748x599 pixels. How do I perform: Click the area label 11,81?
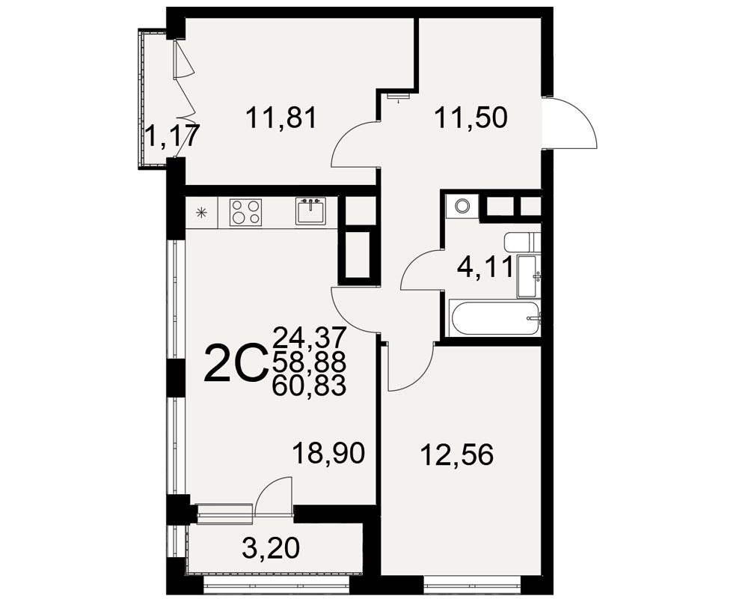coord(281,118)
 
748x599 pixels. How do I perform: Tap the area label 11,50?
coord(470,118)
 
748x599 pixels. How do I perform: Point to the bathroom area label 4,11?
coord(485,267)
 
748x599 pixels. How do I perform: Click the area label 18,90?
coord(328,453)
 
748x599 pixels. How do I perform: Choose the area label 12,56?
coord(456,455)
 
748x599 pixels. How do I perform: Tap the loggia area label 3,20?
coord(271,547)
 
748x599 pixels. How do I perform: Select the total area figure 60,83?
coord(309,386)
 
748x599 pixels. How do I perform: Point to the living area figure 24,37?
coord(309,337)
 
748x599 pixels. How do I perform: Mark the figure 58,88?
coord(309,362)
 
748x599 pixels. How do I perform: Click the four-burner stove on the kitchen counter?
coord(246,212)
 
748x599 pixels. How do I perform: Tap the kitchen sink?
coord(311,211)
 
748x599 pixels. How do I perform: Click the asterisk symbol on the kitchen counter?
coord(202,213)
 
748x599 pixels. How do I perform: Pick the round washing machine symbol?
coord(462,207)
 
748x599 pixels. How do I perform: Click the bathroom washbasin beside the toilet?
coord(529,276)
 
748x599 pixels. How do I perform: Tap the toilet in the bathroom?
coord(522,242)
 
